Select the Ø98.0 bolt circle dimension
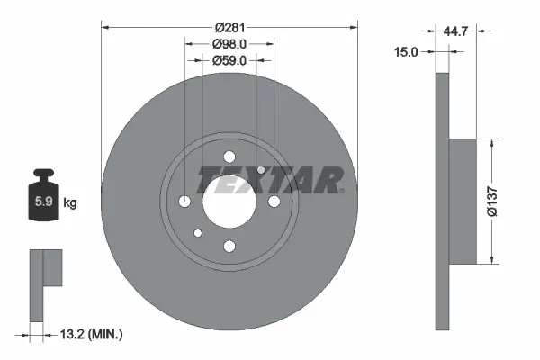[x=229, y=44]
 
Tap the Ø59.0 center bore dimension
[x=229, y=61]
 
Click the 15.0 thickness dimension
[x=408, y=52]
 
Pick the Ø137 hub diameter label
[x=508, y=202]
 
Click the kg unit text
[x=70, y=203]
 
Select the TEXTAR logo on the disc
[x=271, y=180]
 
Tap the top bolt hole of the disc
[x=229, y=154]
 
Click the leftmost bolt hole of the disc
[x=185, y=200]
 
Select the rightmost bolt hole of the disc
[x=274, y=200]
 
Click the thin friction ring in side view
[x=441, y=202]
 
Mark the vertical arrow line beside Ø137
[x=491, y=202]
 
